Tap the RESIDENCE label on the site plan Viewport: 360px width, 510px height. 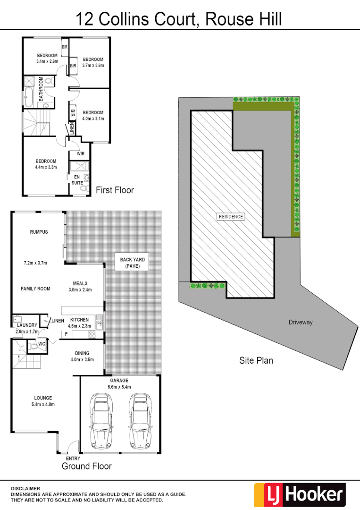coord(231,217)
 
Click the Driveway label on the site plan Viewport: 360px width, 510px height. coord(301,323)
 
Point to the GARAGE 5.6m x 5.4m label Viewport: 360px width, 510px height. coord(119,383)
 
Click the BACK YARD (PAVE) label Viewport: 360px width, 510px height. coord(133,263)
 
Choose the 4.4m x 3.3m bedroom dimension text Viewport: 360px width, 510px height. coord(46,167)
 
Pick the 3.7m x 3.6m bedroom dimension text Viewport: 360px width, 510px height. coord(93,65)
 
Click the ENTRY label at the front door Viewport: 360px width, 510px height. coord(73,458)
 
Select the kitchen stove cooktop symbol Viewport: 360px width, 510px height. coord(92,334)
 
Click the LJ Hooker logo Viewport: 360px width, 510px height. coord(300,494)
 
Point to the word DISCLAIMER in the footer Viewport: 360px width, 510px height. coord(26,488)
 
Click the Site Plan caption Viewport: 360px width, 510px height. coord(256,360)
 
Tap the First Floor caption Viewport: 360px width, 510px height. coord(115,190)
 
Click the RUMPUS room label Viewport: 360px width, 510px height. coord(39,232)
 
